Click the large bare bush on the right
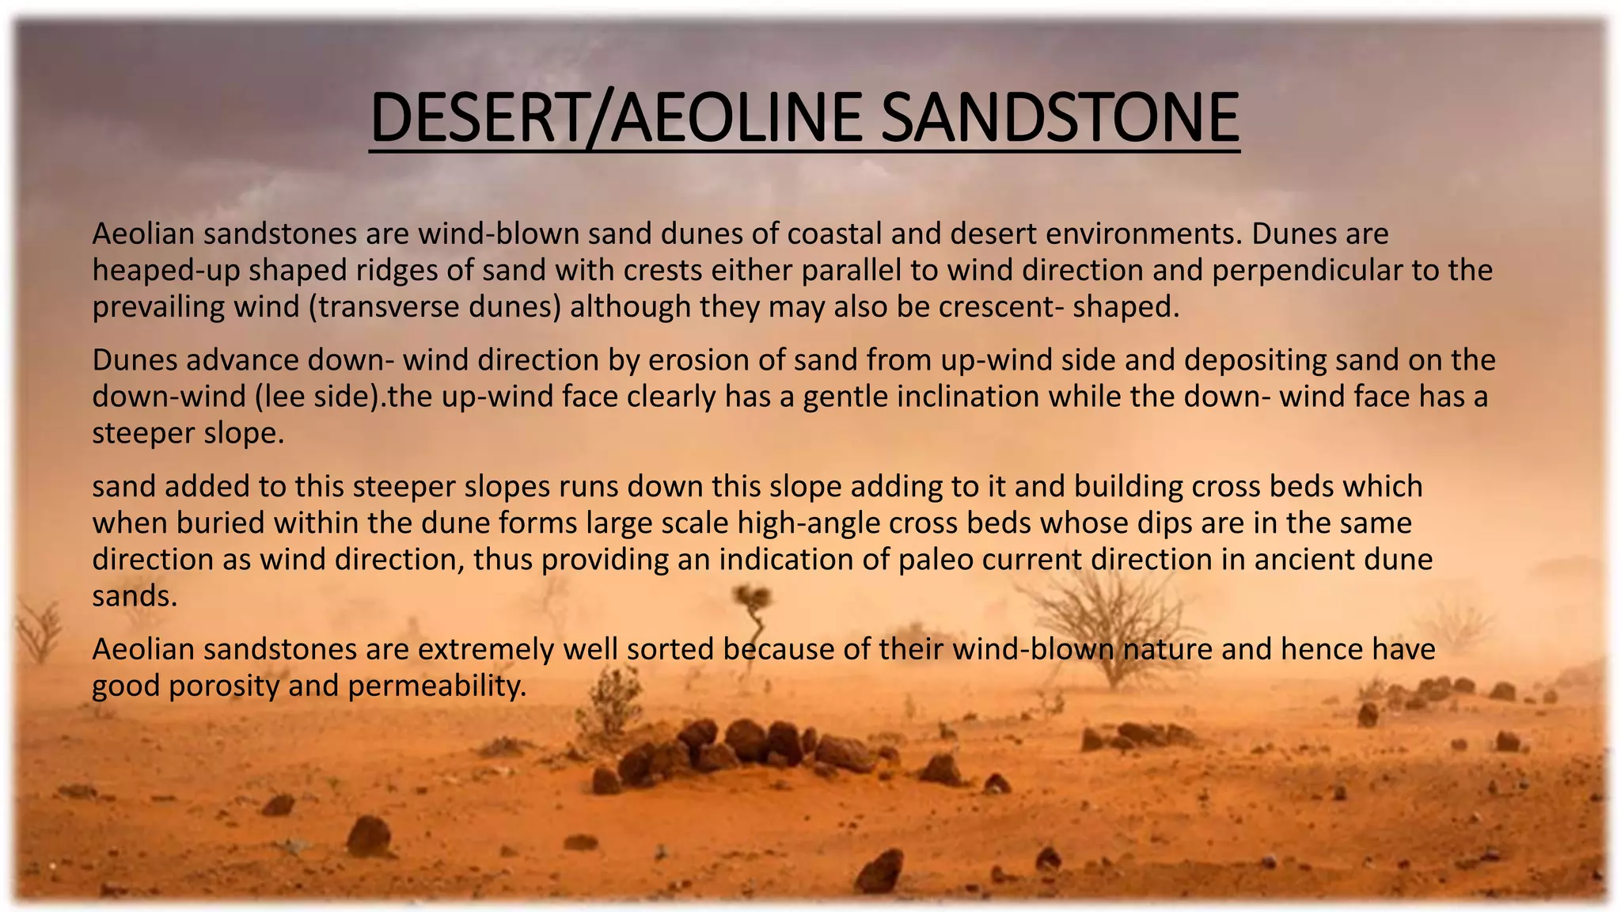point(1108,625)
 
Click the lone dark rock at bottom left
point(369,835)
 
